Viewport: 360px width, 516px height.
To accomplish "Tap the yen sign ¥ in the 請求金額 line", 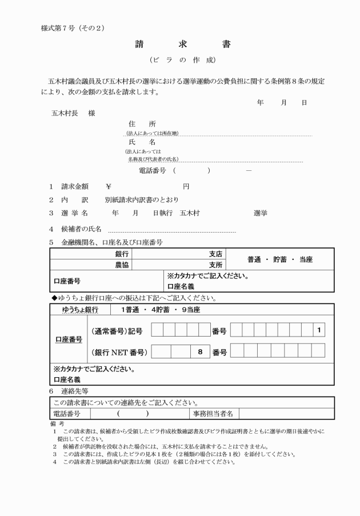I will tap(109, 186).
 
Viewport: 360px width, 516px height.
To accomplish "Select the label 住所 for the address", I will tap(142, 123).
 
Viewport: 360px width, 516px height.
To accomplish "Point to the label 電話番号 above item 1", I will tap(153, 170).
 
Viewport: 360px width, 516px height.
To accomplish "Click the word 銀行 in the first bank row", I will tap(122, 253).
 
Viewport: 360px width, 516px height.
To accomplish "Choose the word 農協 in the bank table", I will tap(122, 265).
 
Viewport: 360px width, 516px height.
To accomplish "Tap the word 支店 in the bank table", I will tap(215, 253).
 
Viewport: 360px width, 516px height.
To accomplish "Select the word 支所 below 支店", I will tap(215, 265).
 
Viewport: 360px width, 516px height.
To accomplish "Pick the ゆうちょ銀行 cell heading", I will tap(80, 310).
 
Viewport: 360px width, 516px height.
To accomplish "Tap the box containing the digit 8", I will tap(200, 352).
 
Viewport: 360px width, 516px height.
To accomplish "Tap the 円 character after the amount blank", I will tap(186, 186).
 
